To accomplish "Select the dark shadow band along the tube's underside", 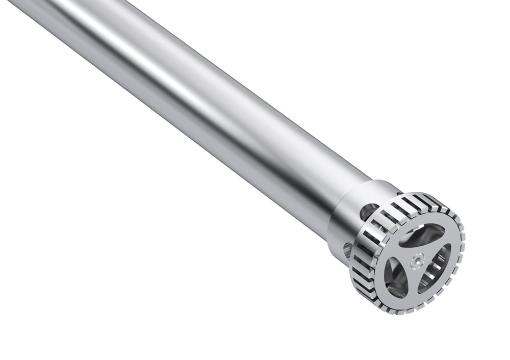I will pyautogui.click(x=204, y=153).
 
